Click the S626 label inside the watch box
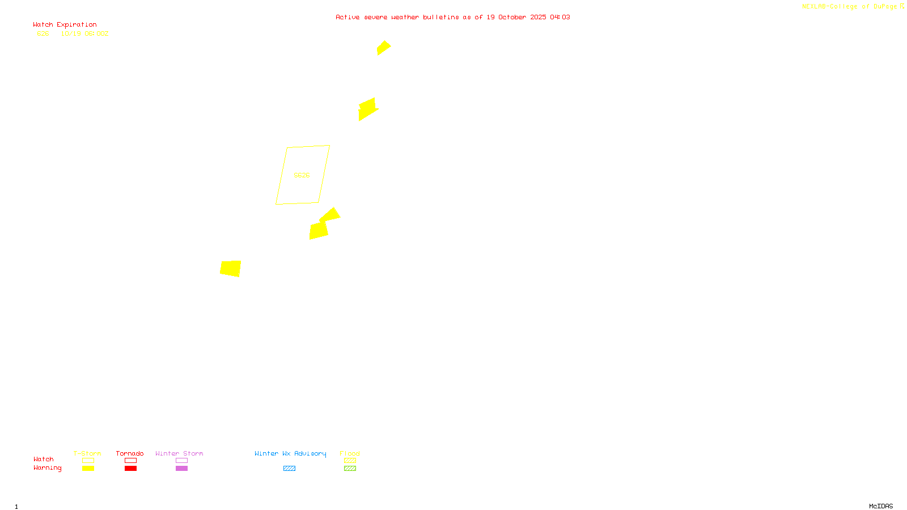[x=302, y=175]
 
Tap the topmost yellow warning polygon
[x=384, y=48]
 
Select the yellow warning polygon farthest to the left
[x=231, y=268]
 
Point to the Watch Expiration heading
[x=65, y=25]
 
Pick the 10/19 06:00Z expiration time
[x=84, y=34]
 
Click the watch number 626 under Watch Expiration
[x=43, y=34]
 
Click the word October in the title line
[x=512, y=18]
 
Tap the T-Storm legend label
[x=87, y=453]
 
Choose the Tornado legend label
[x=130, y=453]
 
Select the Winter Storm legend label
[x=179, y=453]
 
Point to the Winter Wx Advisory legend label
[x=290, y=453]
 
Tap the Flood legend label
[x=350, y=453]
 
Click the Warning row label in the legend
[x=47, y=468]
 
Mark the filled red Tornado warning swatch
[x=130, y=468]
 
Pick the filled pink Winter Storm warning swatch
[x=181, y=468]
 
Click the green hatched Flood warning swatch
[x=350, y=468]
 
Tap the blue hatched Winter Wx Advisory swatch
[x=289, y=468]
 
